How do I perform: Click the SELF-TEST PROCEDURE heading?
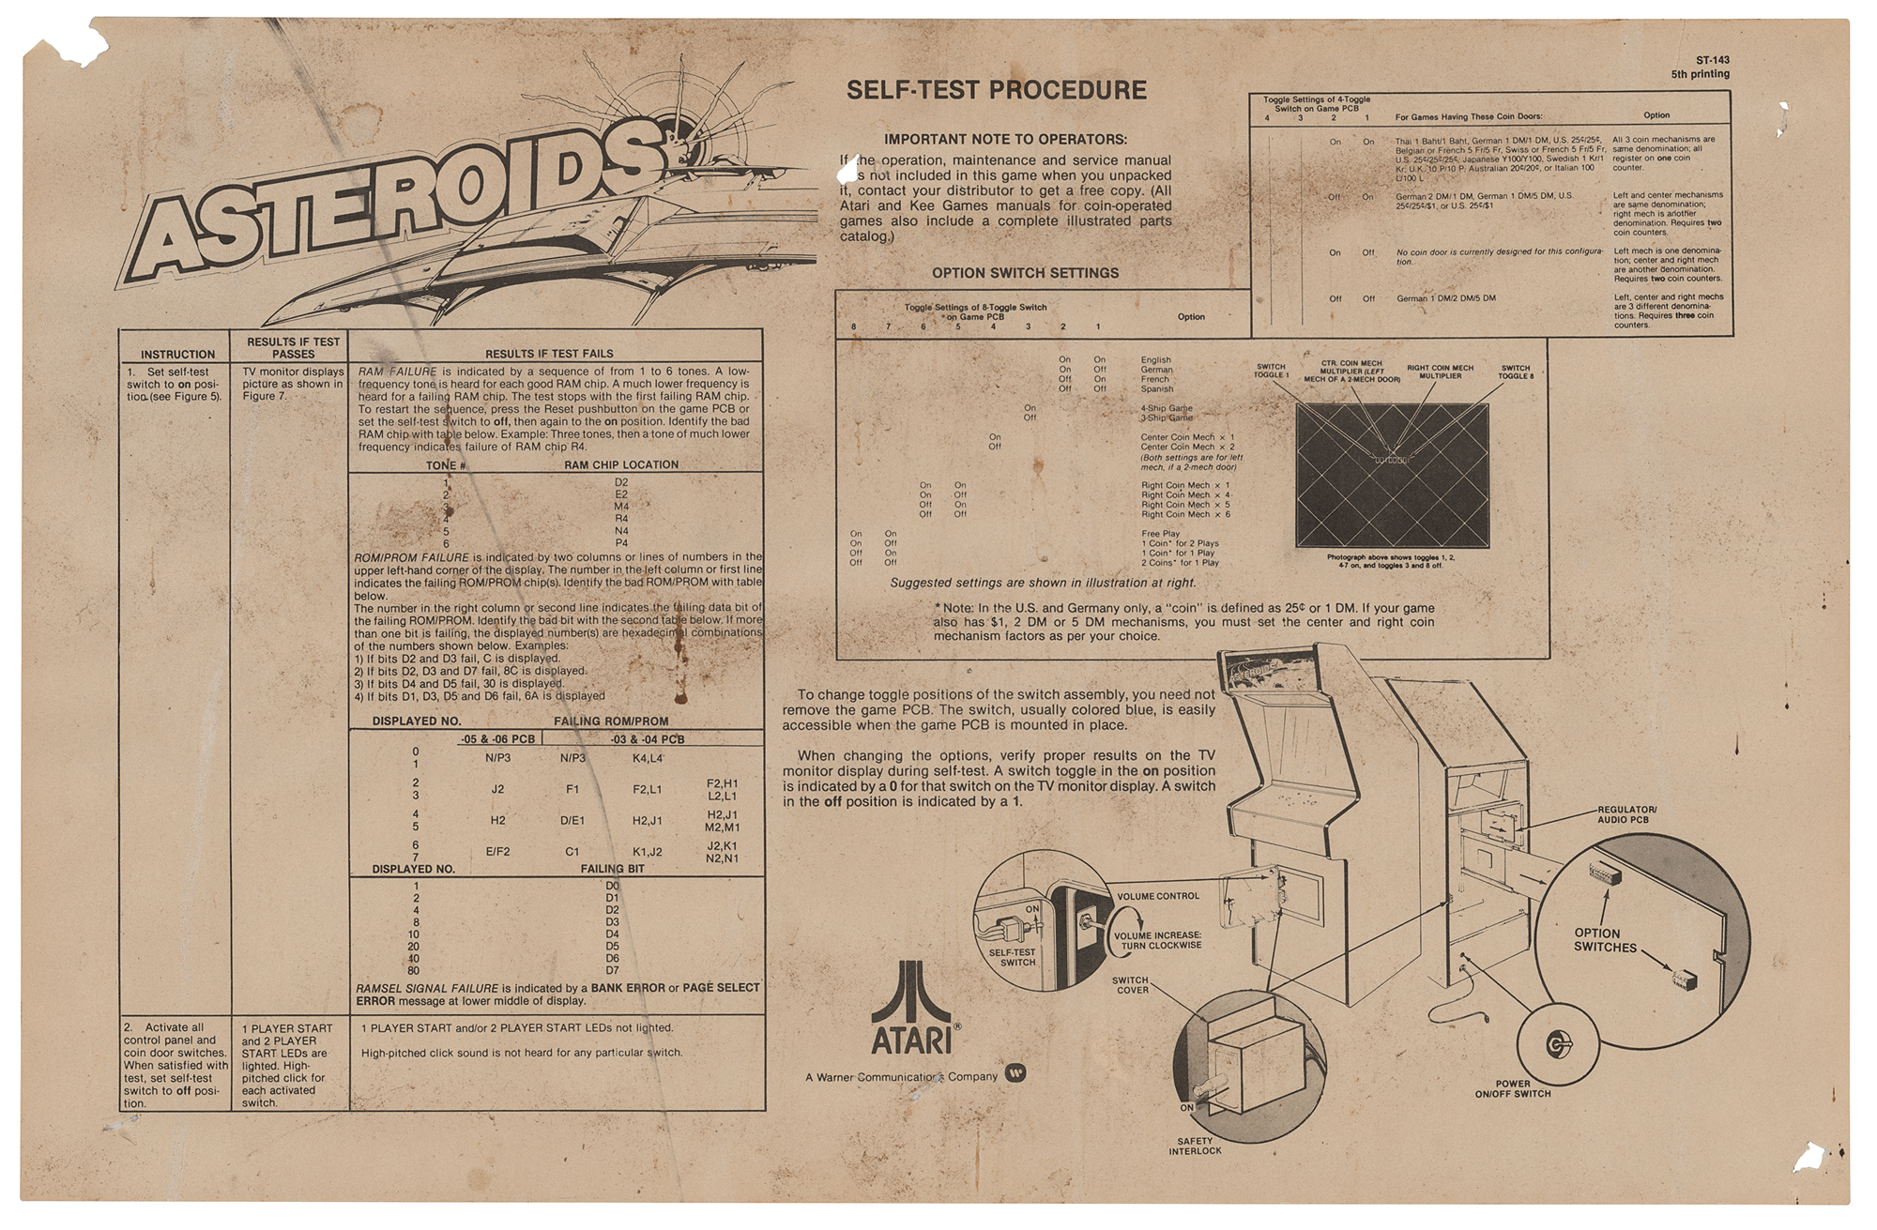point(996,91)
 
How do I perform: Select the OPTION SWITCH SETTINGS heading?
point(1025,273)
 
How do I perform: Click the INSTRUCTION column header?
point(177,355)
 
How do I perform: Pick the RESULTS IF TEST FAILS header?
point(549,354)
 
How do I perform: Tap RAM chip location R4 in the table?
point(621,519)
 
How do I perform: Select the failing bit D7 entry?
point(613,970)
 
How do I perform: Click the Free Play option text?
point(1160,534)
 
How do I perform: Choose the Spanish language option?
point(1156,388)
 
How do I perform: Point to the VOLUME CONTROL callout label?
point(1157,896)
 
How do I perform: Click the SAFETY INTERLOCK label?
point(1195,1146)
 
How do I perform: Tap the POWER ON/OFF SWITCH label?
point(1512,1088)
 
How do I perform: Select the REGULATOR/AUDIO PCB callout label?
point(1626,814)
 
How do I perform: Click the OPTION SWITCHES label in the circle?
point(1604,940)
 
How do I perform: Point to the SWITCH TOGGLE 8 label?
point(1515,372)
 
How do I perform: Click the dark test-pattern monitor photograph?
point(1392,476)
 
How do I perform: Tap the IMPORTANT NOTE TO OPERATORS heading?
point(1005,140)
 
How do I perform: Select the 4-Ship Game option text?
point(1167,408)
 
